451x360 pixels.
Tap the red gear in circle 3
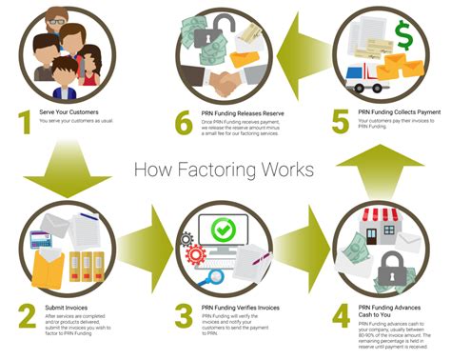[x=198, y=251]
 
